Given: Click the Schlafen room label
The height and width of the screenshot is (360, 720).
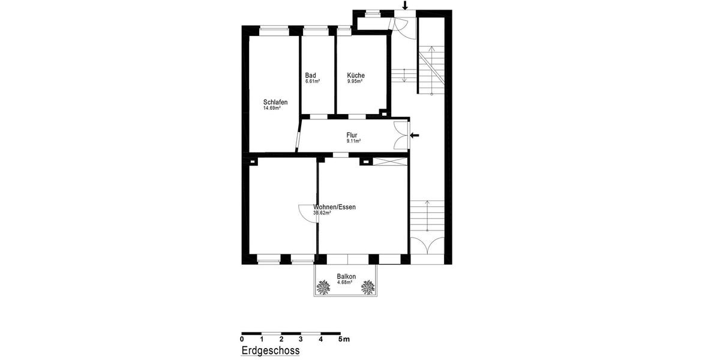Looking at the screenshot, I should click(275, 102).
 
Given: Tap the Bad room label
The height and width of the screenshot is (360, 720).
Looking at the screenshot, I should click(310, 76).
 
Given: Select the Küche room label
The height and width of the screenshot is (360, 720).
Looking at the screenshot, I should click(356, 76).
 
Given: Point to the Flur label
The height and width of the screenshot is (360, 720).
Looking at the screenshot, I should click(352, 136).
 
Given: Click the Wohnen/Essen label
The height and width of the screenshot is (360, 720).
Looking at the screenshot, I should click(334, 207).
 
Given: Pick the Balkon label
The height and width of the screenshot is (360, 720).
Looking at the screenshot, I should click(346, 277).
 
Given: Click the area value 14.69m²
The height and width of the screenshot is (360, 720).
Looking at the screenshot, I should click(272, 109).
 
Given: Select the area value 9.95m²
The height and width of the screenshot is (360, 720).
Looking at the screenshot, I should click(355, 82).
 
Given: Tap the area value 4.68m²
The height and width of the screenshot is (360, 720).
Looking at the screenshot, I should click(345, 283).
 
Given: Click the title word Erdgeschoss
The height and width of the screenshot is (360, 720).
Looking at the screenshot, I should click(270, 350).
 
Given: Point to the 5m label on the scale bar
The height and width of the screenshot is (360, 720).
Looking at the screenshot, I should click(343, 340).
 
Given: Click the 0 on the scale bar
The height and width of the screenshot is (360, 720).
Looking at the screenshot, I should click(242, 340).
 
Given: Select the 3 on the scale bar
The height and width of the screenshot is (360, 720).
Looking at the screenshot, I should click(301, 340).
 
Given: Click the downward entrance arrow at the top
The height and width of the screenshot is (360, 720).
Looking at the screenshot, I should click(405, 6).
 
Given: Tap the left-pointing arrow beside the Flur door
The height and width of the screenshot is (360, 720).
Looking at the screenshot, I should click(415, 135).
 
